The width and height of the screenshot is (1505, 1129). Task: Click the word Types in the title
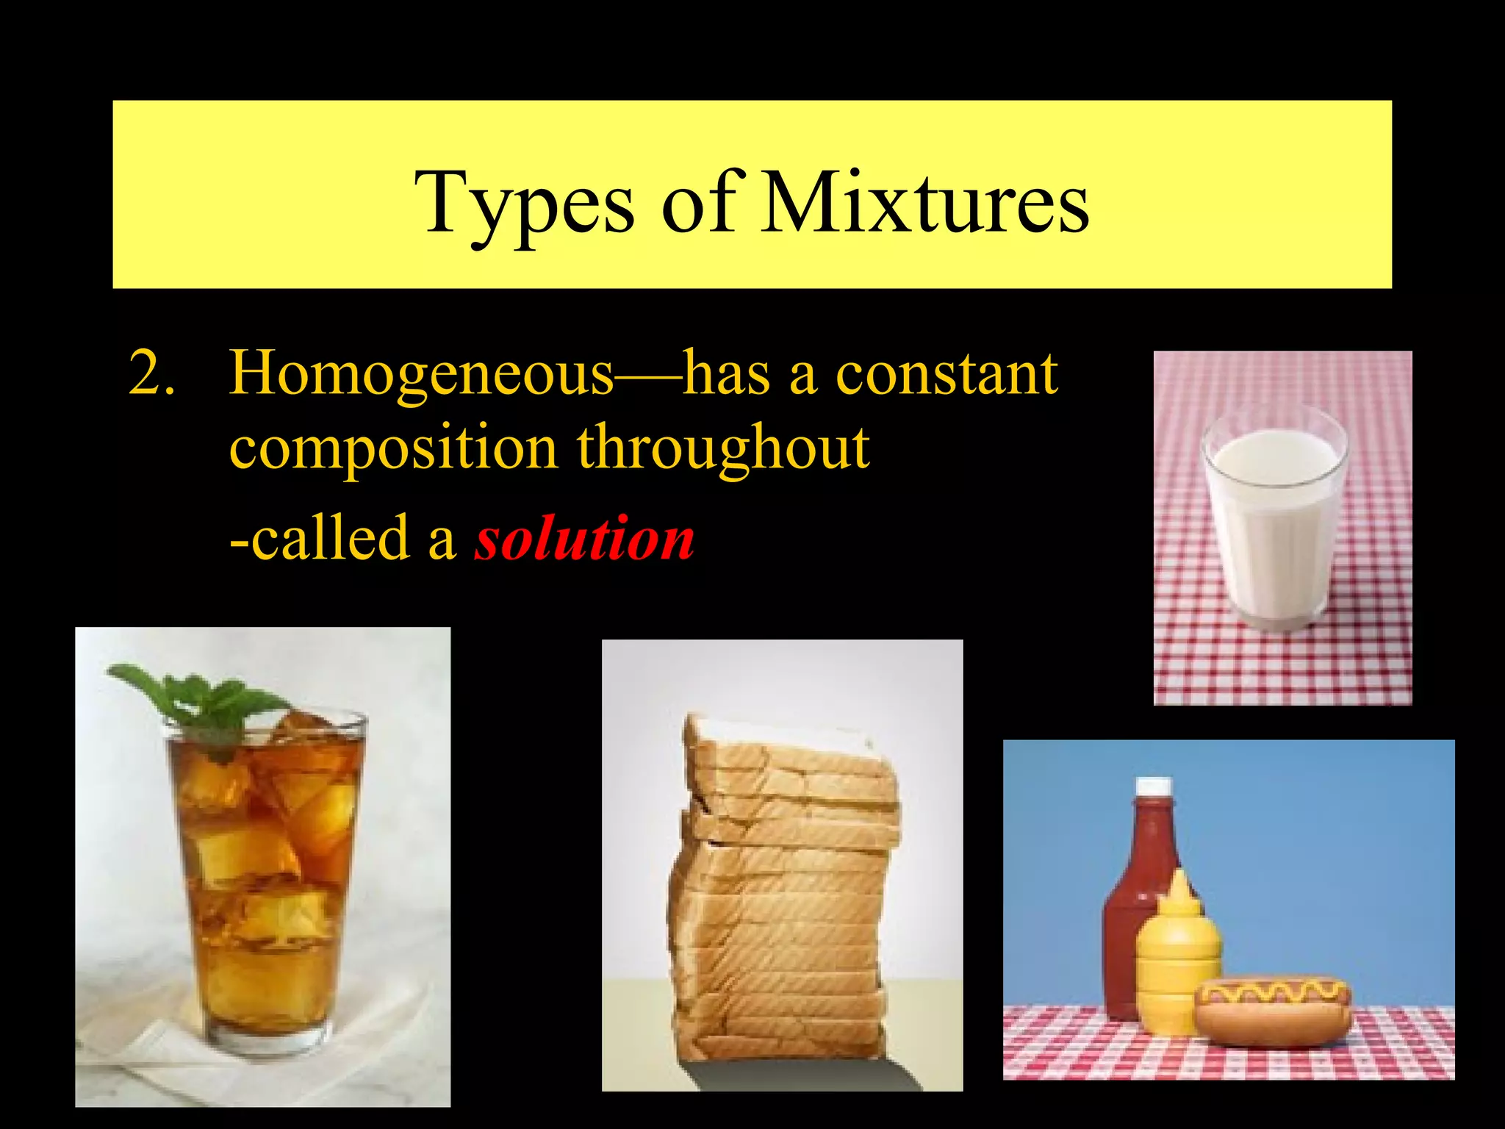coord(523,202)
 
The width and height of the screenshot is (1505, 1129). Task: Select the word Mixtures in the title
coord(924,202)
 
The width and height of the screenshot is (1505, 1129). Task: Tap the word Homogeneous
coord(421,373)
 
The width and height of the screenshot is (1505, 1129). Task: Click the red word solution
coord(584,538)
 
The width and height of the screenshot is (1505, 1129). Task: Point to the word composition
coord(393,450)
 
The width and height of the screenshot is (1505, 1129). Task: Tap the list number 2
coord(151,373)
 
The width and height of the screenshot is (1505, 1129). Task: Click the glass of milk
coord(1275,518)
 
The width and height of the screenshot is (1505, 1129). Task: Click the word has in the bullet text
coord(727,373)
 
